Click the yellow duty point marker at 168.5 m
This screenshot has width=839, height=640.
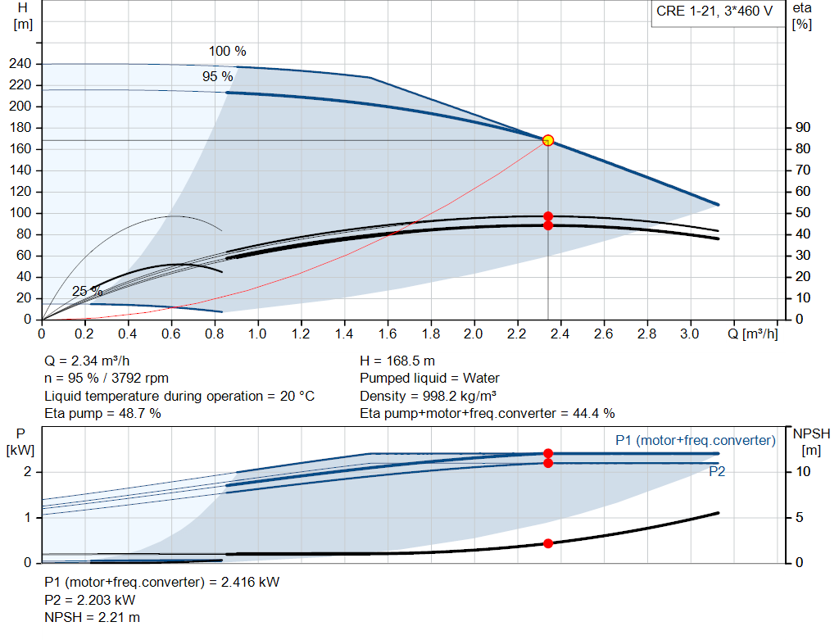point(548,140)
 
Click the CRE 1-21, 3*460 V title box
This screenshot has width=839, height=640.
point(715,12)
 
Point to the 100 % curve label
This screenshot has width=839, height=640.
point(227,51)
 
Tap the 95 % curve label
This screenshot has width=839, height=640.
point(217,76)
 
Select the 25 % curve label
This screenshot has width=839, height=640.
point(87,292)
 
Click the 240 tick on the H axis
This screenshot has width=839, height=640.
point(21,64)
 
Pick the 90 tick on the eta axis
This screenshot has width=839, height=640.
point(802,128)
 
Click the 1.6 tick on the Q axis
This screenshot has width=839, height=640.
point(388,334)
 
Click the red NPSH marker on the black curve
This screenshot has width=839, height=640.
point(548,543)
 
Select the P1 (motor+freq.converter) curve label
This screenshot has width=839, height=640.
point(695,441)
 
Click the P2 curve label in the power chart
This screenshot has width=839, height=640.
point(716,471)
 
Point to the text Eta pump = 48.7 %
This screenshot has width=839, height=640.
point(102,414)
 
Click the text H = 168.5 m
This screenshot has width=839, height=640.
point(398,361)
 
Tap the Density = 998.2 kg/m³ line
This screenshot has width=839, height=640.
point(427,396)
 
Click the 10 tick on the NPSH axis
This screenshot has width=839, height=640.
point(802,472)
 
